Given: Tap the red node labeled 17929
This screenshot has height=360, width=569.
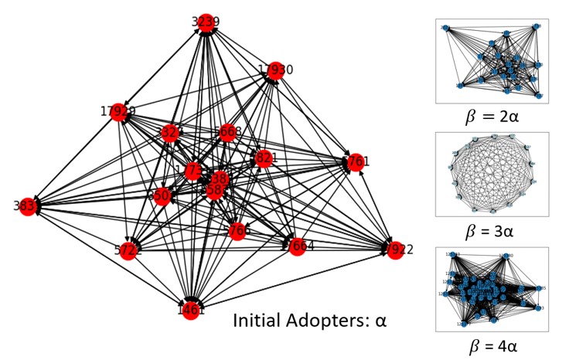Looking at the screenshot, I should (118, 112).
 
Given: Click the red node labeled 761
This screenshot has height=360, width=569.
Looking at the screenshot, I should (356, 162).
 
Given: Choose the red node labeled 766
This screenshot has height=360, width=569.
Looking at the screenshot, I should (238, 230).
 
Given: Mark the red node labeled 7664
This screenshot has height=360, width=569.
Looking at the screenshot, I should (297, 246).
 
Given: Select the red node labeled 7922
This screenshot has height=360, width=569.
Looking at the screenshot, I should (395, 250).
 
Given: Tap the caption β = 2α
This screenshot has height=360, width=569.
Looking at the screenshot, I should (492, 117).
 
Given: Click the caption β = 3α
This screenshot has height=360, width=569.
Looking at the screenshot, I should (492, 231).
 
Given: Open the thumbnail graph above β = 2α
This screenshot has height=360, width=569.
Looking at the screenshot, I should (492, 61).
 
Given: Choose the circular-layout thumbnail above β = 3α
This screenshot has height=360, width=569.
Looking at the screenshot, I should (492, 175).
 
